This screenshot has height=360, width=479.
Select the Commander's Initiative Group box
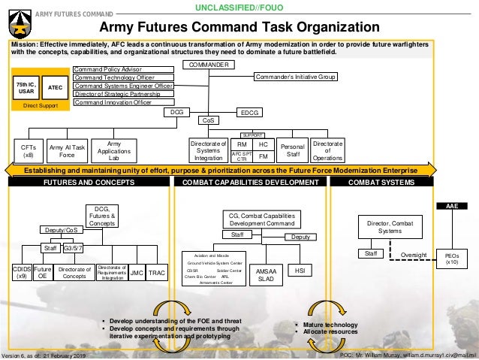pyautogui.click(x=297, y=77)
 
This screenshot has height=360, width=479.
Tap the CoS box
pyautogui.click(x=208, y=120)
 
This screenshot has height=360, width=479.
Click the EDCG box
pyautogui.click(x=250, y=112)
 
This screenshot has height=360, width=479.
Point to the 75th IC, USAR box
pyautogui.click(x=26, y=88)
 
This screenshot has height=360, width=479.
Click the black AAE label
pyautogui.click(x=452, y=204)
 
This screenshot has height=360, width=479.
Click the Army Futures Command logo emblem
pyautogui.click(x=15, y=17)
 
